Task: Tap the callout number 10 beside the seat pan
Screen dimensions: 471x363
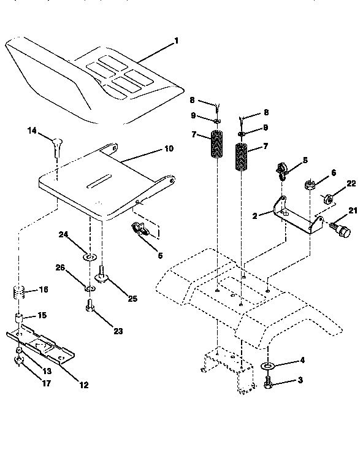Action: [169, 148]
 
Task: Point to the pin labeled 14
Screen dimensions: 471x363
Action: [56, 145]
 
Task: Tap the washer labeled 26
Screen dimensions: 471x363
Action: [90, 287]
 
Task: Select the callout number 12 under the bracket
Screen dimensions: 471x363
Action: [83, 385]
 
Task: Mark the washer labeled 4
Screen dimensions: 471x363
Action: [267, 367]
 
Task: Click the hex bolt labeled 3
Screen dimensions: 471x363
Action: [269, 384]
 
